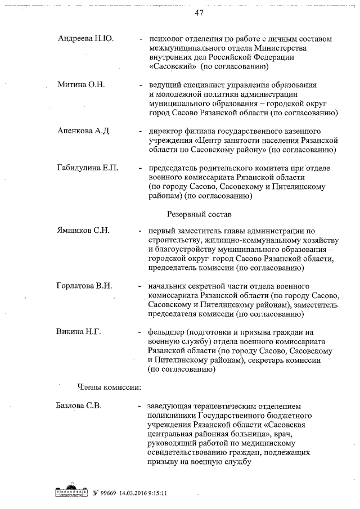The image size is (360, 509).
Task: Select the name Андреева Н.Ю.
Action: click(85, 38)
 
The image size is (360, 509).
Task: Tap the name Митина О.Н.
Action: click(81, 84)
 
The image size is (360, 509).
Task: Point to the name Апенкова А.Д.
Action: click(84, 130)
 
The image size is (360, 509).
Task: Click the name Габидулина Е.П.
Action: click(87, 168)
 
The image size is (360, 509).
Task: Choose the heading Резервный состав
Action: click(200, 214)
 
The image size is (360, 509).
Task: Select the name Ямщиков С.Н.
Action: click(83, 231)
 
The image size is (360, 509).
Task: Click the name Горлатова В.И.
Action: click(84, 286)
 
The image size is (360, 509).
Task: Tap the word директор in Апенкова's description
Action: click(165, 131)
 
